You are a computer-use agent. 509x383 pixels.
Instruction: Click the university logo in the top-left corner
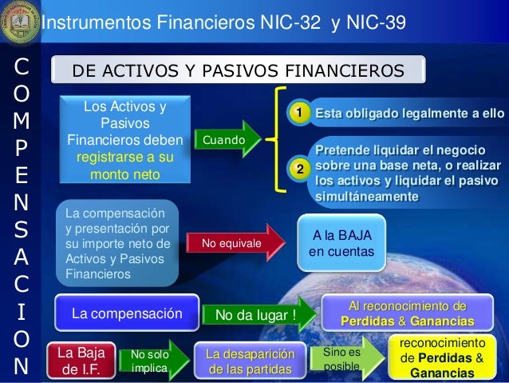[x=18, y=19]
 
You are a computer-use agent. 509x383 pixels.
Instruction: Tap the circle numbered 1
[x=298, y=115]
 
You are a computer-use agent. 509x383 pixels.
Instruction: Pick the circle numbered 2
[x=298, y=169]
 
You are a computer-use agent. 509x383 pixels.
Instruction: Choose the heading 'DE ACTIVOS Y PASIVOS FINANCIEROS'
[x=237, y=72]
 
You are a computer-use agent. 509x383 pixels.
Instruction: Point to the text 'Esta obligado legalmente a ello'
[x=409, y=115]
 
